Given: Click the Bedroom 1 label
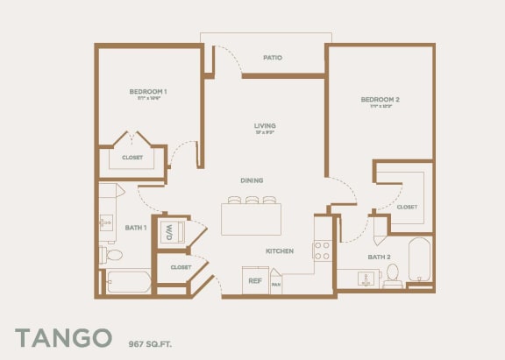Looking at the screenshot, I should coord(148,92).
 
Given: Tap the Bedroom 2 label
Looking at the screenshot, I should coord(381,100).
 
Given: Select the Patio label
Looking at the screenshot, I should coord(273,58).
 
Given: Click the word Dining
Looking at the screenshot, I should coord(252,180).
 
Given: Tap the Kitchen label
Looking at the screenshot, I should coord(280,251).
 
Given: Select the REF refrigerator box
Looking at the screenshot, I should coord(255,280).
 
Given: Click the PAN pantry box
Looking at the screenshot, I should coord(276,282).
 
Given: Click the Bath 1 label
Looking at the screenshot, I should coord(135,228).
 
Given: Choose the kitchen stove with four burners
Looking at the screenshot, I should coord(322,251).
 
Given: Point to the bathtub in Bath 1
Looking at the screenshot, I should coord(128,281).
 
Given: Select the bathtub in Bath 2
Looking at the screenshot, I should coord(420,260).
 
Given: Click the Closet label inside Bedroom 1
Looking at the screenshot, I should coord(132,159).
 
